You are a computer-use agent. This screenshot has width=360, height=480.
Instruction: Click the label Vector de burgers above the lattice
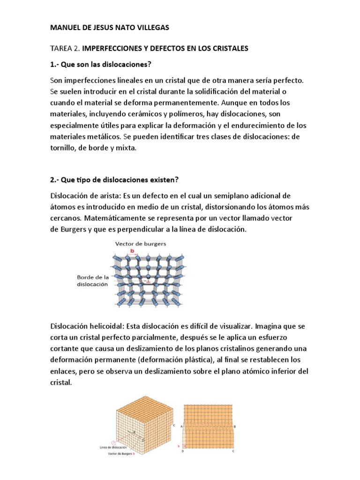[141, 244]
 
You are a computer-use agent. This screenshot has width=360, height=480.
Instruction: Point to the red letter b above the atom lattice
[132, 251]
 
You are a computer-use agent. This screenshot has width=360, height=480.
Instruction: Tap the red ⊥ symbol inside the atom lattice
[149, 282]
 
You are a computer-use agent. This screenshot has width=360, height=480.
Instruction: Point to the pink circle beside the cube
[112, 442]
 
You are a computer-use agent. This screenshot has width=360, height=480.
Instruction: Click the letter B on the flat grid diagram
[234, 426]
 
